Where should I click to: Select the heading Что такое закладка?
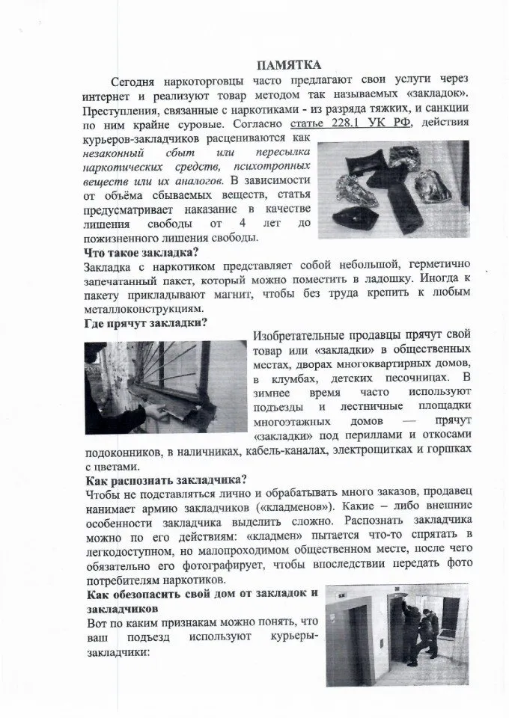(141, 252)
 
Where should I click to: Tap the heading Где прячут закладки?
(146, 322)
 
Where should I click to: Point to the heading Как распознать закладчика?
(166, 479)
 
